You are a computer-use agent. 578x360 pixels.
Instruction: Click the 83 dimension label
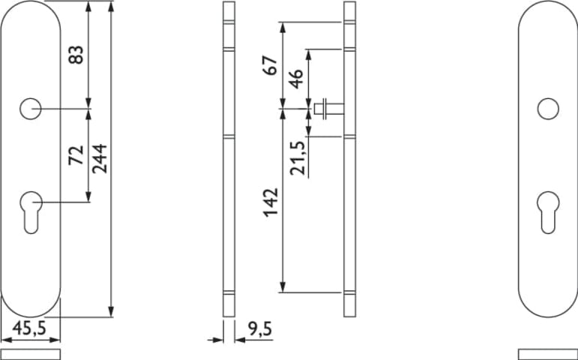(76, 55)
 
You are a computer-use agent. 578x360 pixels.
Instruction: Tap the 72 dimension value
(76, 155)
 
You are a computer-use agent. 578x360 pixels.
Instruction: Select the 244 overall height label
(100, 158)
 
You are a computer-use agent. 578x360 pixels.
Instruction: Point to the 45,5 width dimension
(29, 328)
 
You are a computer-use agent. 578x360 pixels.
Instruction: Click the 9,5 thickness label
(260, 329)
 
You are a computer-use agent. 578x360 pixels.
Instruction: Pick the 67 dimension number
(270, 66)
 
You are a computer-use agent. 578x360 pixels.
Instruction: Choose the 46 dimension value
(296, 79)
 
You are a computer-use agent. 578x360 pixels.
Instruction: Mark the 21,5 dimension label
(298, 157)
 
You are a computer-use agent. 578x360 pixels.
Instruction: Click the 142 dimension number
(271, 202)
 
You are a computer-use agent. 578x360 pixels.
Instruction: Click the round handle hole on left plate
(30, 109)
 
